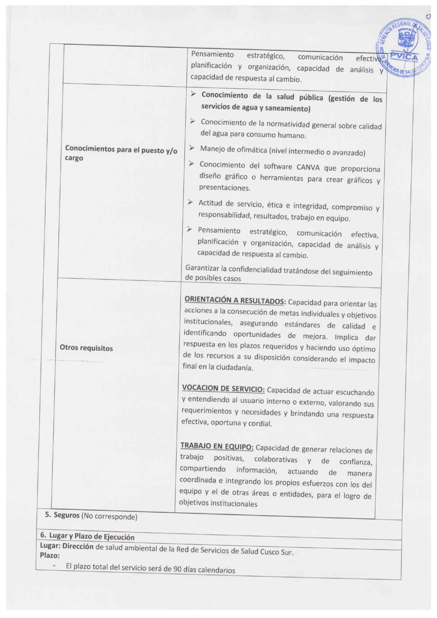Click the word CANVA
pos(308,167)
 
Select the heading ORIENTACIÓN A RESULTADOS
pos(235,301)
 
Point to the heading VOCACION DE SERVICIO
pos(223,389)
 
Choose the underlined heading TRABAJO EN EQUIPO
pos(217,446)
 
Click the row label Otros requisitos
pos(86,348)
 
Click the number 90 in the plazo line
pos(178,569)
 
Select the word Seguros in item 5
pos(67,515)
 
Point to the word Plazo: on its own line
pos(50,556)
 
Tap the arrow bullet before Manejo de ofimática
pos(191,148)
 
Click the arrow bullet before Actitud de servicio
pos(190,202)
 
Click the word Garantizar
pos(203,268)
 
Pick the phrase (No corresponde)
pos(110,517)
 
